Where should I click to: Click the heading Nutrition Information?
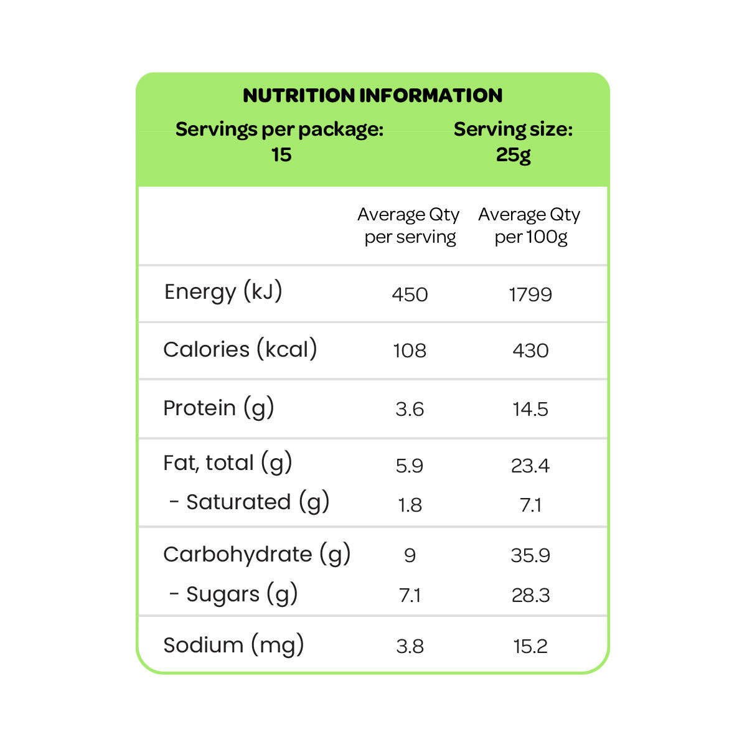[x=372, y=95]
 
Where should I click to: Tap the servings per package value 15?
[x=281, y=154]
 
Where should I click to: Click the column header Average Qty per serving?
[x=408, y=225]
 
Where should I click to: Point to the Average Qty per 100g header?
[x=529, y=225]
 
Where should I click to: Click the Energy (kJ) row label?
[x=223, y=293]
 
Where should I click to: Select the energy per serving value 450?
[x=410, y=294]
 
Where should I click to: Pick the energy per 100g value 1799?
[x=530, y=294]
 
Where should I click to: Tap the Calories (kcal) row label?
[x=240, y=349]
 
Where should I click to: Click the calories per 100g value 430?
[x=530, y=351]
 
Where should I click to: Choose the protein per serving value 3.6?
[x=410, y=410]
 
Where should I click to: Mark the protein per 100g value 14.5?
[x=530, y=410]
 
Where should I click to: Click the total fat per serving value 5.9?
[x=410, y=466]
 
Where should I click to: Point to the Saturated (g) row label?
[x=249, y=502]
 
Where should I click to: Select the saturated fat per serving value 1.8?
[x=410, y=505]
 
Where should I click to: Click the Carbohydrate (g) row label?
[x=256, y=555]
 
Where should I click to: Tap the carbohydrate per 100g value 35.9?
[x=530, y=555]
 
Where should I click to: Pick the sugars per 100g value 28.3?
[x=530, y=596]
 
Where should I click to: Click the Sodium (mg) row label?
[x=234, y=645]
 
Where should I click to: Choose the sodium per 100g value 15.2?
[x=530, y=647]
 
